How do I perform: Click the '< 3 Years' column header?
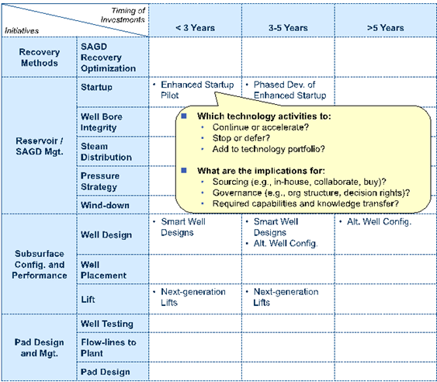pos(195,28)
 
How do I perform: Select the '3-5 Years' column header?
pos(288,28)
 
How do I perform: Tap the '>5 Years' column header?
pos(386,28)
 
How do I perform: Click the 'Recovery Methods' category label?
pos(40,57)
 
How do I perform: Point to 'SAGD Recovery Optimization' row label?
pos(108,57)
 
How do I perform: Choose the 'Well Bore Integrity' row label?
pos(102,122)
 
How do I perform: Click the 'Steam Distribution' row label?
pos(106,151)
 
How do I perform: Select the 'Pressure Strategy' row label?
pos(100,181)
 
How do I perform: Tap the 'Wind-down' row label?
pos(105,205)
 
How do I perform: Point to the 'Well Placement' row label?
pos(103,270)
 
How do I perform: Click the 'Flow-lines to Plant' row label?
pos(109,347)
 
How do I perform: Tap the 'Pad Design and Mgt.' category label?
pos(40,347)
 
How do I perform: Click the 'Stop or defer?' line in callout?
pos(241,138)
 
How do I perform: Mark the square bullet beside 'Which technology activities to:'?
pos(184,116)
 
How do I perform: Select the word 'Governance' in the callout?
pos(237,193)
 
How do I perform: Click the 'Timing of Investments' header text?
pos(123,15)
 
